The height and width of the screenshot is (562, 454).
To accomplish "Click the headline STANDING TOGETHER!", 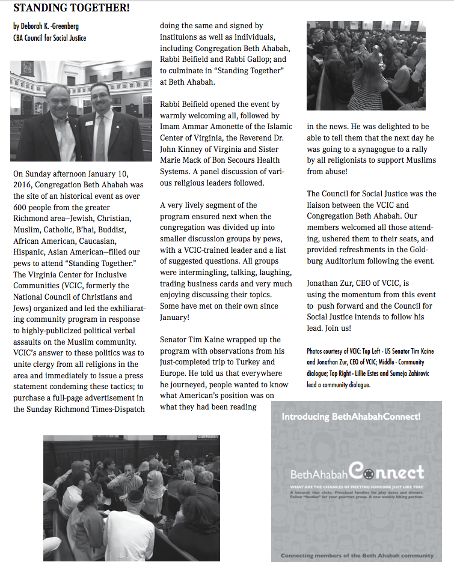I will [x=72, y=8].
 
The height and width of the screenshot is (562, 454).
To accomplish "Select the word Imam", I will [x=171, y=127].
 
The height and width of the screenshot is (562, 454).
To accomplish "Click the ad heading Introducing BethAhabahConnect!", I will [x=351, y=416].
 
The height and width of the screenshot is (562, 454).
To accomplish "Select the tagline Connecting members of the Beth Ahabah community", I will [x=357, y=555].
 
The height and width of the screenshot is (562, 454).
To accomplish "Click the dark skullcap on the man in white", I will [x=135, y=495].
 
